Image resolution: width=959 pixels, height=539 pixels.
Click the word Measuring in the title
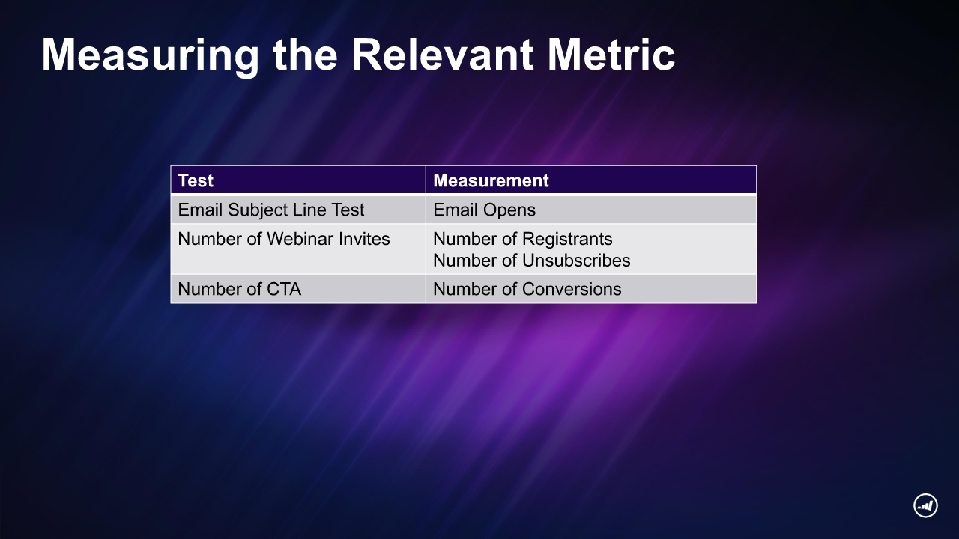pyautogui.click(x=151, y=56)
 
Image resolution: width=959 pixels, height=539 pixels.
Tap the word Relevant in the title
pyautogui.click(x=442, y=55)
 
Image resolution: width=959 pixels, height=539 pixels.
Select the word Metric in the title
pyautogui.click(x=611, y=55)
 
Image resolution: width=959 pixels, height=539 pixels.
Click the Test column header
pyautogui.click(x=196, y=180)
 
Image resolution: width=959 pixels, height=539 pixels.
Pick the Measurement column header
pyautogui.click(x=491, y=180)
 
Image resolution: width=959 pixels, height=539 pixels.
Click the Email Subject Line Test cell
pyautogui.click(x=270, y=210)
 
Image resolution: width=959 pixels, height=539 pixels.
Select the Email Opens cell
pyautogui.click(x=484, y=210)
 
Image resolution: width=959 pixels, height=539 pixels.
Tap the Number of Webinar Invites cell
pyautogui.click(x=283, y=239)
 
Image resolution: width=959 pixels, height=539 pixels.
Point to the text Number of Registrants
pyautogui.click(x=523, y=239)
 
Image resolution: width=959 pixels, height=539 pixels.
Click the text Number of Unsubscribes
pyautogui.click(x=532, y=261)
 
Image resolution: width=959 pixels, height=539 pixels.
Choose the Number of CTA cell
pyautogui.click(x=239, y=289)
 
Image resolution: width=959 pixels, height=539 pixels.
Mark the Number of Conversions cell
pyautogui.click(x=527, y=289)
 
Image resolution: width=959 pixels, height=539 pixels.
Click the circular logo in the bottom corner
pyautogui.click(x=925, y=505)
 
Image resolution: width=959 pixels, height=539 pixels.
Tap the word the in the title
pyautogui.click(x=305, y=55)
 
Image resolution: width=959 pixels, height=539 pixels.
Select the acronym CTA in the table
pyautogui.click(x=284, y=289)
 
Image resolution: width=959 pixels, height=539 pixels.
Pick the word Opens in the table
pyautogui.click(x=509, y=210)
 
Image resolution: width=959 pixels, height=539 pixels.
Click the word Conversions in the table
pyautogui.click(x=572, y=289)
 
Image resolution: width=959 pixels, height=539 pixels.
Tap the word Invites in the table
pyautogui.click(x=364, y=239)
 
